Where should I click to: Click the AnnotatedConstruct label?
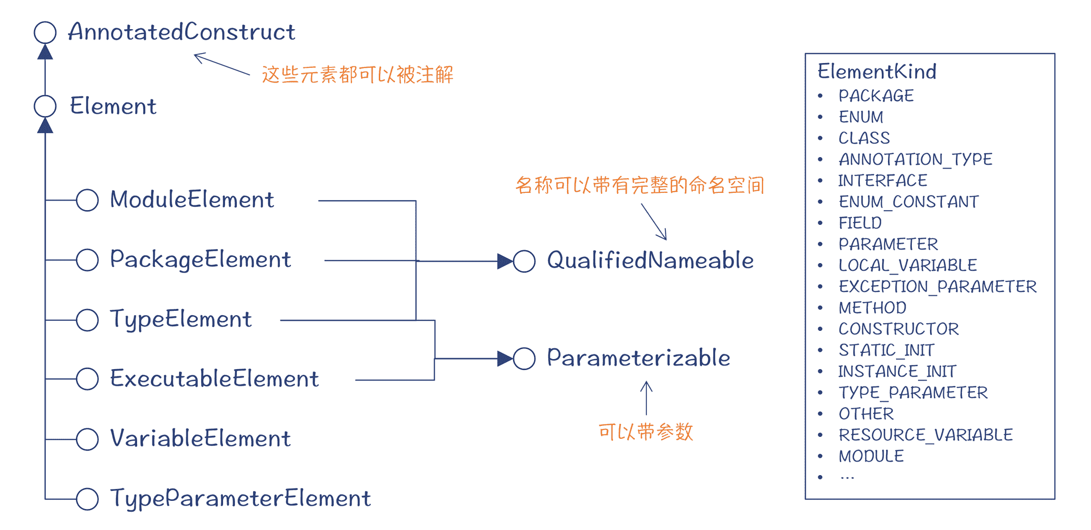click(x=182, y=32)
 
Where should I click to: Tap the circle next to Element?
click(x=45, y=106)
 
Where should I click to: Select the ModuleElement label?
click(x=192, y=200)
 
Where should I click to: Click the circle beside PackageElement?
click(x=87, y=260)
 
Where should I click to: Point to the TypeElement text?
click(x=181, y=319)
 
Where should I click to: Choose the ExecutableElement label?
click(x=214, y=379)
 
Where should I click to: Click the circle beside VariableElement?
click(x=87, y=439)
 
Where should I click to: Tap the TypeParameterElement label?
click(x=240, y=498)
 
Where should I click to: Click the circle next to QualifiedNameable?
click(x=524, y=261)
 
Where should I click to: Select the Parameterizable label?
click(x=639, y=358)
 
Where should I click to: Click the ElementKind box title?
click(x=877, y=72)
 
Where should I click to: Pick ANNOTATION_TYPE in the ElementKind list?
click(x=916, y=159)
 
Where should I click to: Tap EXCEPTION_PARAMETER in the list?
click(x=938, y=286)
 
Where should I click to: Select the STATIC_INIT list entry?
click(x=887, y=350)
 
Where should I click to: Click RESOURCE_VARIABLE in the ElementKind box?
click(x=926, y=435)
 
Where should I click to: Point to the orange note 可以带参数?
click(x=645, y=432)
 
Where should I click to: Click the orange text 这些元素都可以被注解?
click(x=357, y=75)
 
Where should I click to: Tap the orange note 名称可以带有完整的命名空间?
click(x=640, y=185)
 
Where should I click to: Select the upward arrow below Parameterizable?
click(x=646, y=397)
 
